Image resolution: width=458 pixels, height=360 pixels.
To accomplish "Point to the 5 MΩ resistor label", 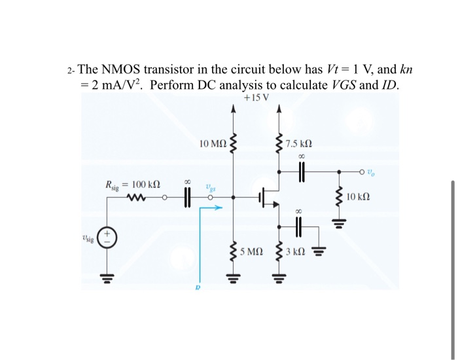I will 253,251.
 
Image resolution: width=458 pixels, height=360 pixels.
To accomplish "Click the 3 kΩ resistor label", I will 296,251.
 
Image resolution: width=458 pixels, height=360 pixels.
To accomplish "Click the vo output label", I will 371,173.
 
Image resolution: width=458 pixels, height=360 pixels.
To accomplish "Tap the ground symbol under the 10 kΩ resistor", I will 339,220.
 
